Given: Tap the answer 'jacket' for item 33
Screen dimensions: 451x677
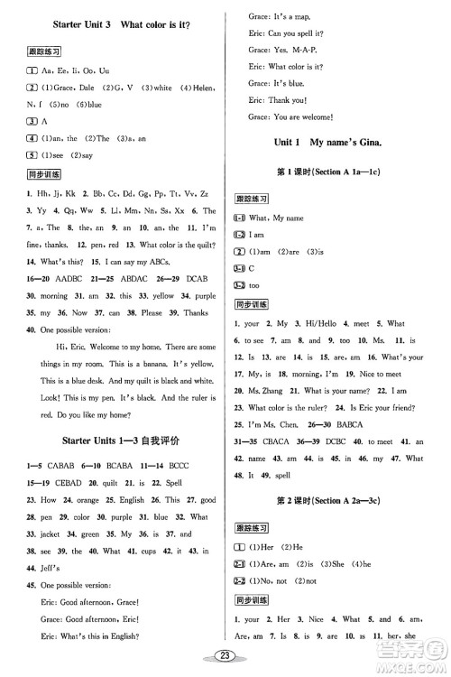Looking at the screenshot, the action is click(x=45, y=535).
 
